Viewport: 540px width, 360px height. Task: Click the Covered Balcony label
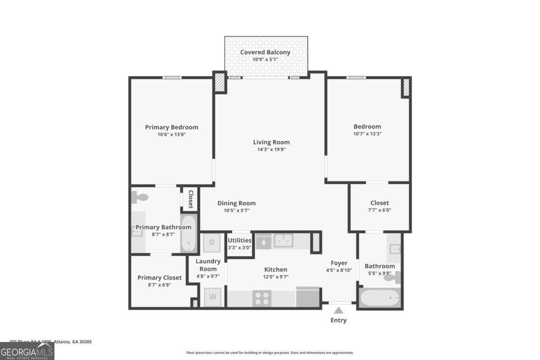[265, 52]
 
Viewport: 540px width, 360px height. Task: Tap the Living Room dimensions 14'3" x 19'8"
[271, 149]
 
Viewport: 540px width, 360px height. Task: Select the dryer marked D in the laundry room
[212, 243]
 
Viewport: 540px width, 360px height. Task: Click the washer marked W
[213, 297]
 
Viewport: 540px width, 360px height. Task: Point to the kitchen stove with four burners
[263, 298]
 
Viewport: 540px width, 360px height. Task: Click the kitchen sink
[283, 241]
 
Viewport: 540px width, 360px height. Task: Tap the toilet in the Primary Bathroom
[140, 197]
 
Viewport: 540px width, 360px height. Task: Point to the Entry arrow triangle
[338, 310]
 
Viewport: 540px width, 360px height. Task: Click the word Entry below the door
[338, 320]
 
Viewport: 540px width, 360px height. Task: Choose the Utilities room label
[239, 240]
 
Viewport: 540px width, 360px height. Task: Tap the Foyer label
[339, 263]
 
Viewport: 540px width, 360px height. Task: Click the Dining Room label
[236, 203]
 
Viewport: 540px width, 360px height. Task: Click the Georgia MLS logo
[27, 351]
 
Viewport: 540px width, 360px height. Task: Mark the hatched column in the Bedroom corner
[406, 87]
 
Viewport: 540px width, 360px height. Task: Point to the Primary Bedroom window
[172, 77]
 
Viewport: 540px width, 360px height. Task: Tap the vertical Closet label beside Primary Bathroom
[190, 199]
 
